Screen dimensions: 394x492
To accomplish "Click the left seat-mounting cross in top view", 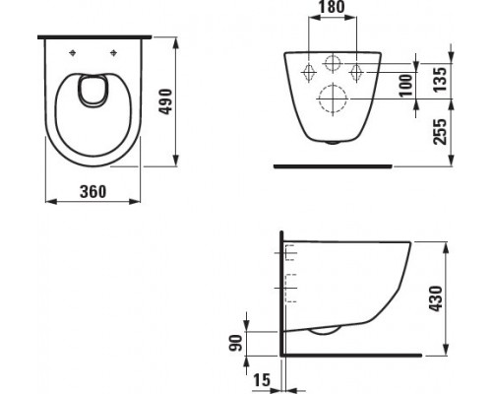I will point(75,51).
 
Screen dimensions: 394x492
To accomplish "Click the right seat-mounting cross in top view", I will point(114,51).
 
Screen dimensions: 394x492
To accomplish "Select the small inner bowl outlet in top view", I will point(94,93).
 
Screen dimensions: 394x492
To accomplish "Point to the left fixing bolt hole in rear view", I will point(305,69).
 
